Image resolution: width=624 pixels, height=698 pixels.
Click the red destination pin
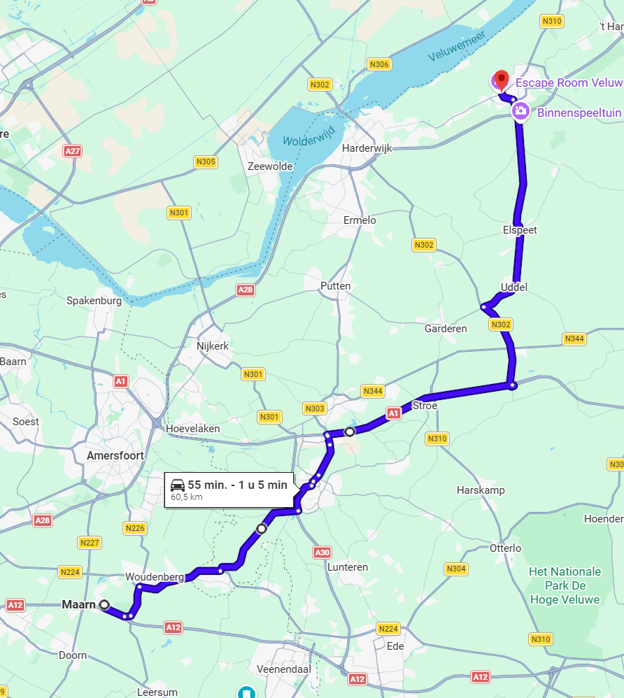pyautogui.click(x=501, y=80)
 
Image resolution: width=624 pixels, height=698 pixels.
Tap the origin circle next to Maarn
pyautogui.click(x=104, y=604)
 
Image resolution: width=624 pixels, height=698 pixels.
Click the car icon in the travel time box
pyautogui.click(x=178, y=485)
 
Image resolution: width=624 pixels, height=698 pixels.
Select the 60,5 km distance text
pyautogui.click(x=187, y=497)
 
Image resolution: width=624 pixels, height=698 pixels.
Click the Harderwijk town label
pyautogui.click(x=367, y=148)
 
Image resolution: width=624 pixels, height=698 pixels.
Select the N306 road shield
pyautogui.click(x=378, y=64)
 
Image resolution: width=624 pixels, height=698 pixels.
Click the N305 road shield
pyautogui.click(x=206, y=162)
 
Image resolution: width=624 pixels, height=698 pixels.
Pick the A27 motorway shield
pyautogui.click(x=72, y=151)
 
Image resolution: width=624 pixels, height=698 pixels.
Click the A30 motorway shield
pyautogui.click(x=322, y=553)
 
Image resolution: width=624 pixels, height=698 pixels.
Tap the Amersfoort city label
pyautogui.click(x=115, y=455)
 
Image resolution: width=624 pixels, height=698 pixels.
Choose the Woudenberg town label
pyautogui.click(x=155, y=577)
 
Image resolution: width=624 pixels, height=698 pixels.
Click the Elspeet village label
pyautogui.click(x=520, y=230)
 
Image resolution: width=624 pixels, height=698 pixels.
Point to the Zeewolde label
pyautogui.click(x=270, y=166)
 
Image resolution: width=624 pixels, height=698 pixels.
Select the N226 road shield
pyautogui.click(x=135, y=528)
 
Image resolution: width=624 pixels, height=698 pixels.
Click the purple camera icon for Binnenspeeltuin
pyautogui.click(x=520, y=111)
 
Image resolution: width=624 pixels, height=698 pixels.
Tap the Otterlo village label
pyautogui.click(x=506, y=548)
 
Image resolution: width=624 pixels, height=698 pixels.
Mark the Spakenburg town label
pyautogui.click(x=94, y=301)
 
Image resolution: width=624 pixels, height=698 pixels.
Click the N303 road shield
pyautogui.click(x=315, y=408)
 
